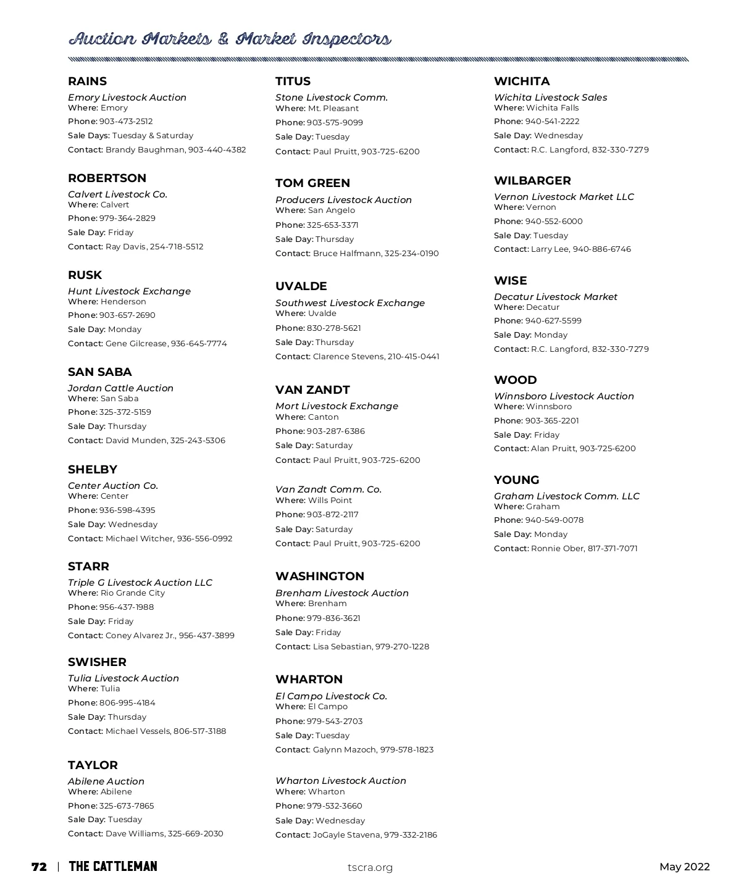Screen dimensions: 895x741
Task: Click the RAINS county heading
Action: (87, 81)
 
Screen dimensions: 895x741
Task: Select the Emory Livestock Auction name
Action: (127, 98)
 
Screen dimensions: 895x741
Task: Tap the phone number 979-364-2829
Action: (127, 219)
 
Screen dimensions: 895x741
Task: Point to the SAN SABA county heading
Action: (99, 372)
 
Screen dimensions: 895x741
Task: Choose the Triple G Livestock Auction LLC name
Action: (140, 583)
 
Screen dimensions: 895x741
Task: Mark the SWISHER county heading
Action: (97, 662)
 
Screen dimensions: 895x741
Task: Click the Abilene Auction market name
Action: (106, 781)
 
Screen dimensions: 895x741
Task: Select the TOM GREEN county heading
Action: (312, 183)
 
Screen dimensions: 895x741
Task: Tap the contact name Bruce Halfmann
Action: (346, 254)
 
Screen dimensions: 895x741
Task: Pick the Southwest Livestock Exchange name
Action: (350, 303)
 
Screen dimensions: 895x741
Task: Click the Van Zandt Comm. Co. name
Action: (329, 489)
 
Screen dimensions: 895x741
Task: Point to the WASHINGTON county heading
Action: (320, 577)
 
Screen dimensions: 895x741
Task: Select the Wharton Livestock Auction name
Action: (340, 781)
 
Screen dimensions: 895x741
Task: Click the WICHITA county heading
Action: (521, 81)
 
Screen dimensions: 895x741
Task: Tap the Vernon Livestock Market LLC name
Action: (564, 197)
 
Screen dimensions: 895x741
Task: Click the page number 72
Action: (39, 867)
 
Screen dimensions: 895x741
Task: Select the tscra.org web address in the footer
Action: (370, 867)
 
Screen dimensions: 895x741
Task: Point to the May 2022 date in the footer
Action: (684, 867)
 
